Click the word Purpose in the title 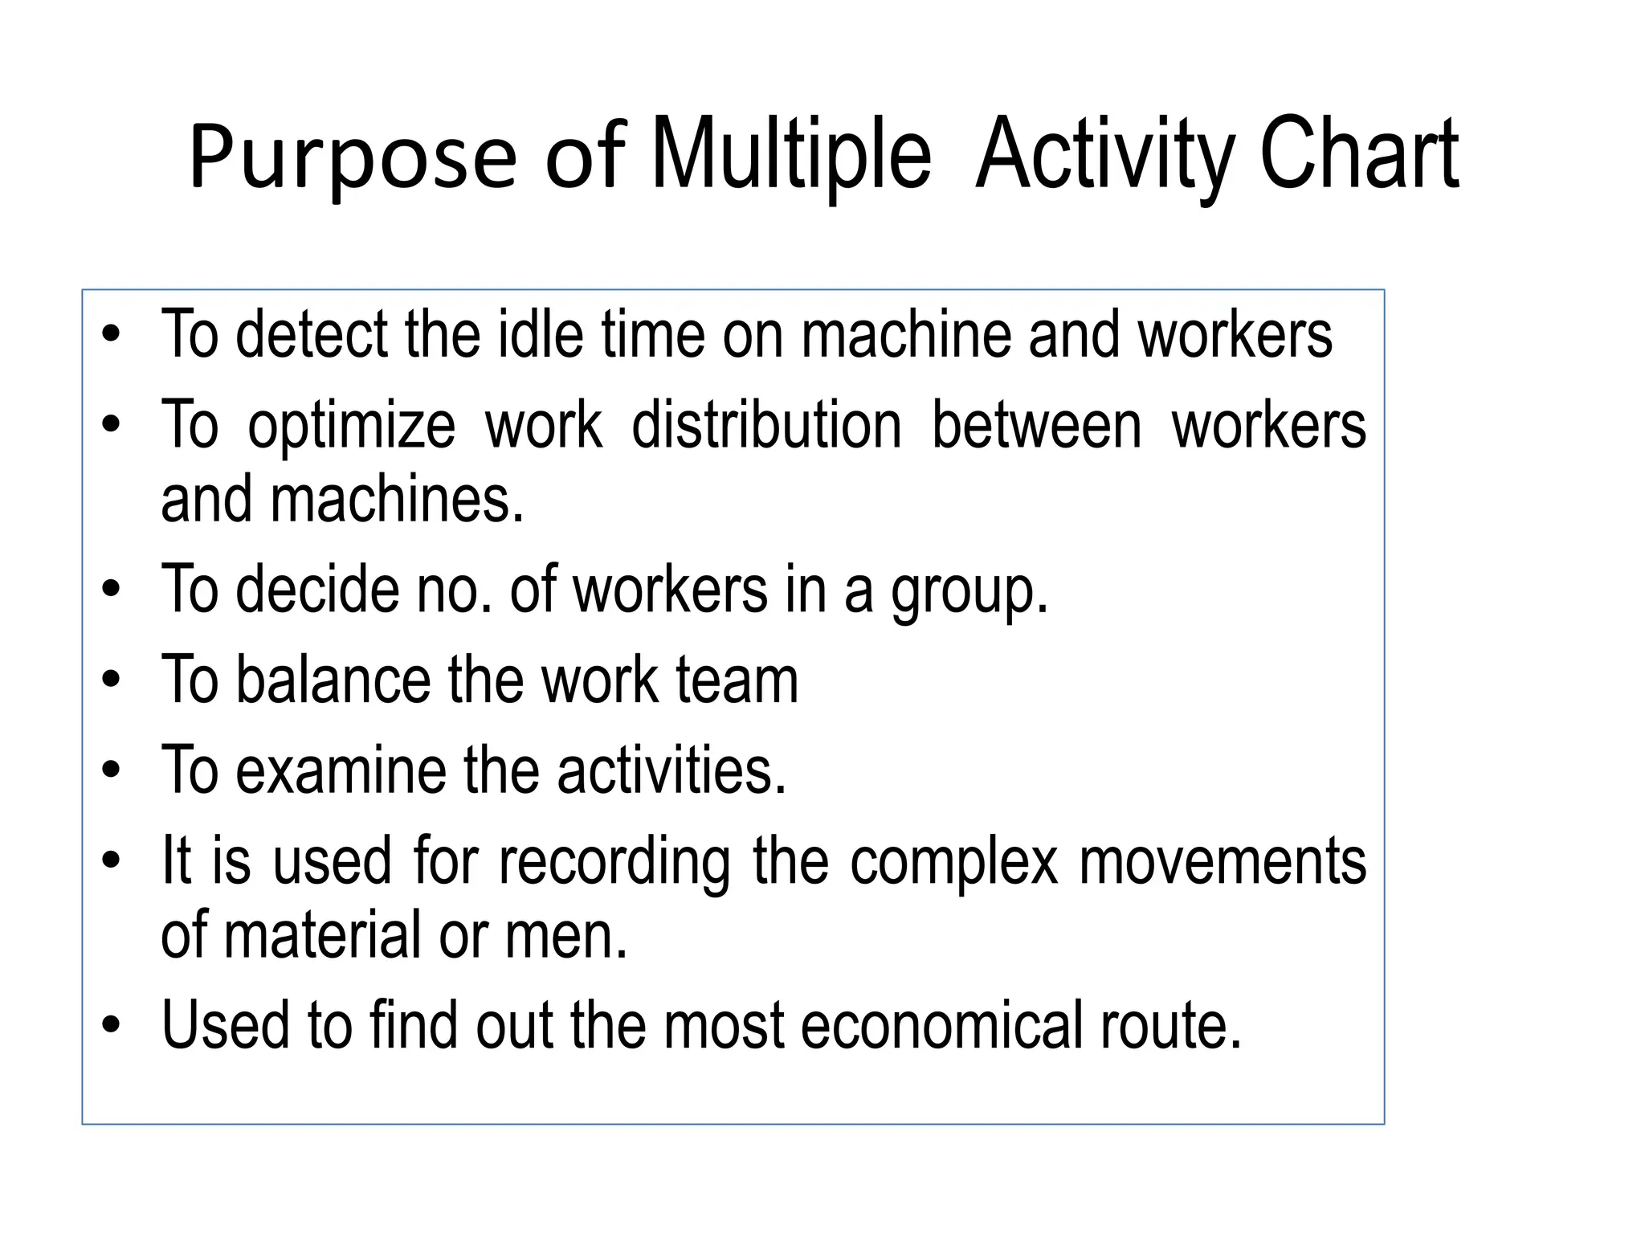(353, 157)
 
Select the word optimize (351, 427)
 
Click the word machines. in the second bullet (398, 499)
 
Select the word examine (341, 770)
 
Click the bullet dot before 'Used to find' (112, 1026)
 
